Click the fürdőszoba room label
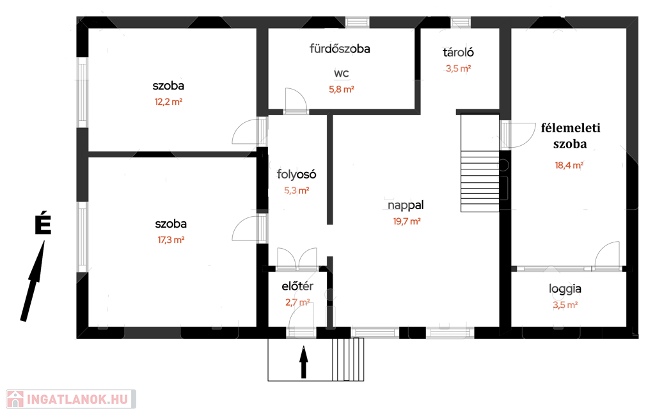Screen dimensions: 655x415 340,49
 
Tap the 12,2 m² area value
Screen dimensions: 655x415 168,102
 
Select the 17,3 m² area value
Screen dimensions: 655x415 171,240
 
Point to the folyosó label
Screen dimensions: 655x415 297,174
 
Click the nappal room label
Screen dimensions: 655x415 406,205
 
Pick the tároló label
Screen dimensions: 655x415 458,52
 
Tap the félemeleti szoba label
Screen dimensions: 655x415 570,136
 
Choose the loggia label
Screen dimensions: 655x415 565,289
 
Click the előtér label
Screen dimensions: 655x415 297,286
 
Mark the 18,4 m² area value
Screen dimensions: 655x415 569,166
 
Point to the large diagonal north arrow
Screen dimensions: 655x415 33,281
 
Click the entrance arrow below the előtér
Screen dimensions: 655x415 304,362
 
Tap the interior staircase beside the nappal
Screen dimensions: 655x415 480,163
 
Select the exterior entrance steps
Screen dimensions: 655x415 348,359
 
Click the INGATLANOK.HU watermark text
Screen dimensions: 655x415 77,400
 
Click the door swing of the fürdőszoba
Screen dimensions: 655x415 296,100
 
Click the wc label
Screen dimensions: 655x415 342,74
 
